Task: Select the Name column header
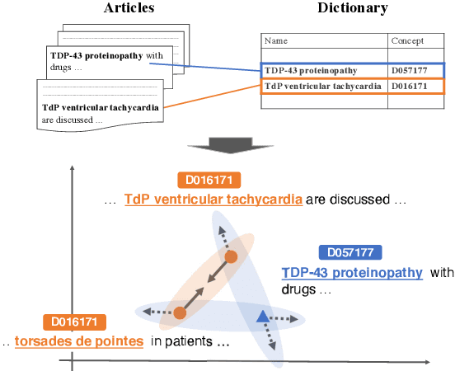(x=276, y=40)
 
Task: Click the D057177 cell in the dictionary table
(x=410, y=71)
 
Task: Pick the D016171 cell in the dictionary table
(x=410, y=86)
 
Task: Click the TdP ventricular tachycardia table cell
(x=321, y=86)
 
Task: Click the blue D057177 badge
(x=349, y=252)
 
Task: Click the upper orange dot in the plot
(x=232, y=256)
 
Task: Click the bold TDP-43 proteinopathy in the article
(x=96, y=56)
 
